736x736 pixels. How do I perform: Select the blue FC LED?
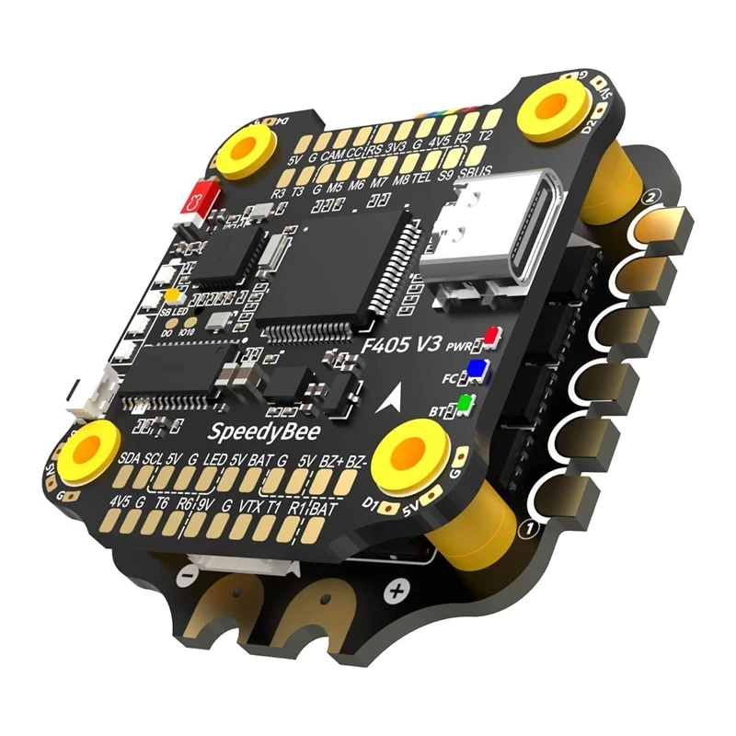click(x=476, y=371)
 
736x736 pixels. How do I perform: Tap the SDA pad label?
click(x=130, y=457)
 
